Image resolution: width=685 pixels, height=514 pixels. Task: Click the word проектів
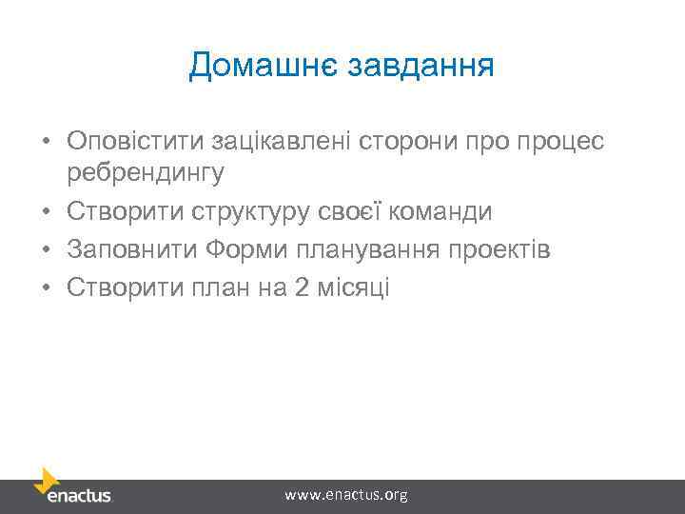coord(499,250)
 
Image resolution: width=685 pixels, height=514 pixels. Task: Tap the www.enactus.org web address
coord(346,494)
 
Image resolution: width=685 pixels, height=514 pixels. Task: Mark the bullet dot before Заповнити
coord(45,251)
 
